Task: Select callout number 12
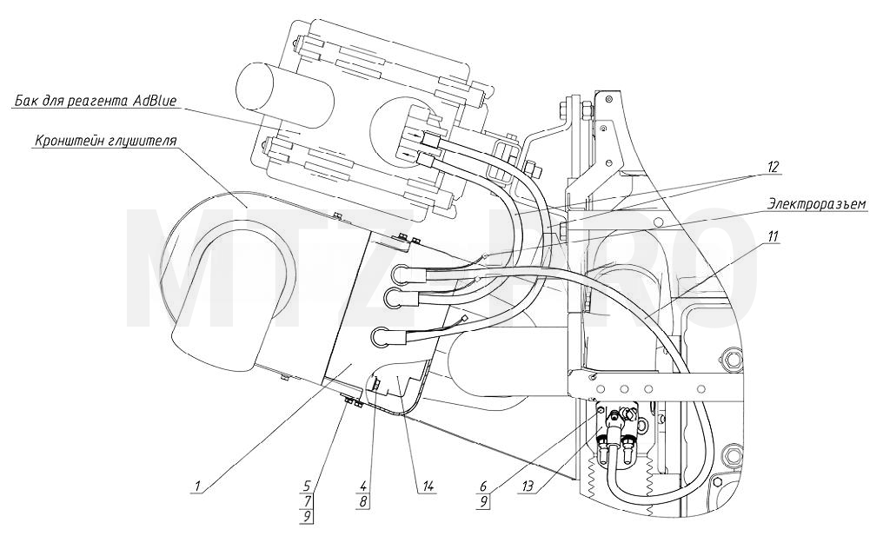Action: pyautogui.click(x=773, y=167)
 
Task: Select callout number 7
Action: pyautogui.click(x=307, y=500)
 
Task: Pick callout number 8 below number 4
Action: pyautogui.click(x=364, y=500)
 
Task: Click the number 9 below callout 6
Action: pyautogui.click(x=484, y=500)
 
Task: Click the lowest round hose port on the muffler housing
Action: pyautogui.click(x=382, y=337)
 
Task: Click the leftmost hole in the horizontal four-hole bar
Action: pyautogui.click(x=599, y=389)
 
